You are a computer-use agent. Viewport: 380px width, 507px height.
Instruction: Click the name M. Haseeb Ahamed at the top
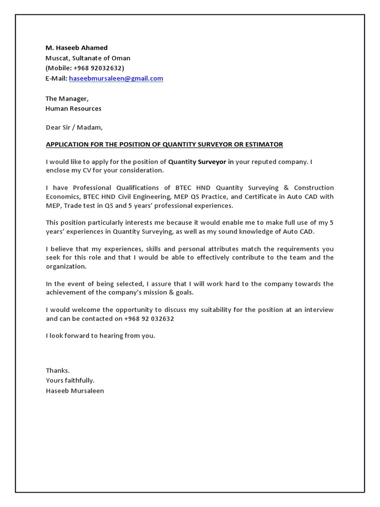click(77, 48)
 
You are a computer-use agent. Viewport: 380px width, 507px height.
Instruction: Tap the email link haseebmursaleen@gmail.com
click(116, 78)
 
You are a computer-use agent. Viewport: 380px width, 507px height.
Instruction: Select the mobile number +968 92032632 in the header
click(98, 68)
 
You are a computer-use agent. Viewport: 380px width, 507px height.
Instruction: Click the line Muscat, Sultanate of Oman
click(88, 58)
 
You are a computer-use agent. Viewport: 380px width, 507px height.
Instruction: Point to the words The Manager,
click(67, 99)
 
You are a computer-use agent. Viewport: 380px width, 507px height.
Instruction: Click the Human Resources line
click(73, 108)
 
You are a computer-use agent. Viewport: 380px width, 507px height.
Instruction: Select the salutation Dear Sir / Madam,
click(74, 127)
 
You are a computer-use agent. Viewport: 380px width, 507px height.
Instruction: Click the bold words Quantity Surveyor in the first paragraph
click(197, 161)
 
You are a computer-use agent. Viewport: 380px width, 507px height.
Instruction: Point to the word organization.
click(66, 266)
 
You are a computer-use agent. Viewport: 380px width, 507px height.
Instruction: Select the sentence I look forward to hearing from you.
click(100, 335)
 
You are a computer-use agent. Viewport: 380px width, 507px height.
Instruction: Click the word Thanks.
click(58, 370)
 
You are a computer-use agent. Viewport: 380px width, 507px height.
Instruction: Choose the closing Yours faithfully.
click(70, 380)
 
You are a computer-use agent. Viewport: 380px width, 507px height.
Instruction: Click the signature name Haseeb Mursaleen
click(75, 390)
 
